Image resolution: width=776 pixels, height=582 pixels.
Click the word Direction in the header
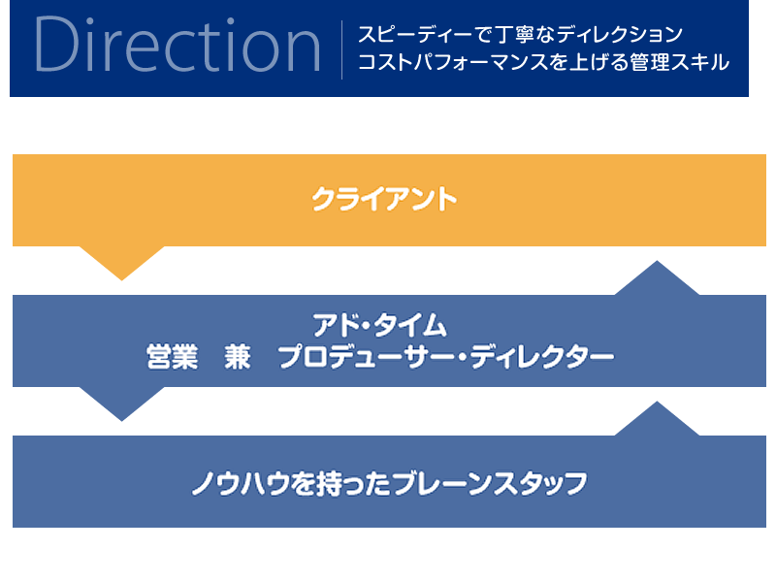(178, 45)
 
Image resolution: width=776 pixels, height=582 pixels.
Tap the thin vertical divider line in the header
(342, 49)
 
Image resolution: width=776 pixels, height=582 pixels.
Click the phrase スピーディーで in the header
(426, 35)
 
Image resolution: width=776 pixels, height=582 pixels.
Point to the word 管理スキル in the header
(680, 62)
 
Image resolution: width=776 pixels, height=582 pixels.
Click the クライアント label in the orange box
(384, 200)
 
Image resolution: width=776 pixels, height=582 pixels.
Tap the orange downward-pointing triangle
(122, 263)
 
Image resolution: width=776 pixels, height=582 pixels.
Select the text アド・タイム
(380, 326)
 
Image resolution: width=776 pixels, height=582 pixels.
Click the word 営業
(172, 357)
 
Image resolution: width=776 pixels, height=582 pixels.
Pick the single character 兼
(238, 357)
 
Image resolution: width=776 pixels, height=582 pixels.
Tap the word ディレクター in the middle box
(542, 357)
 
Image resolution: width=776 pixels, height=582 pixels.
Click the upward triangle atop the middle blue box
(657, 278)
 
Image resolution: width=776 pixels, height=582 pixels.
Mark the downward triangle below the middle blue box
(122, 404)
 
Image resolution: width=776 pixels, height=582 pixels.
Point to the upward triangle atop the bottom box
(657, 419)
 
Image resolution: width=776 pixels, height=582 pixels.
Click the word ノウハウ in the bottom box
(241, 483)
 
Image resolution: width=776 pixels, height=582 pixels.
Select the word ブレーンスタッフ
(491, 483)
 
